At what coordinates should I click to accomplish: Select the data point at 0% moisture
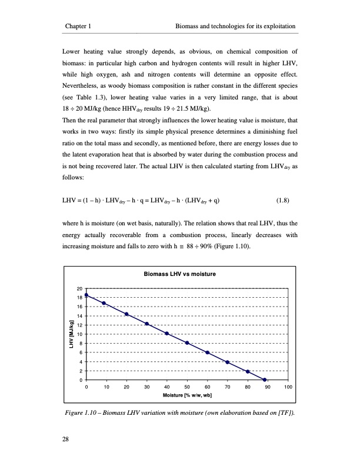[x=86, y=295]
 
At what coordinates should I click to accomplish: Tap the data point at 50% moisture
[x=187, y=343]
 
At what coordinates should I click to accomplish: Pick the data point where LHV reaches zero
[x=265, y=380]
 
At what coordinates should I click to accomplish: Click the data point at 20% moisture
[x=126, y=314]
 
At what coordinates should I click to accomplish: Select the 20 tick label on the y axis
[x=79, y=288]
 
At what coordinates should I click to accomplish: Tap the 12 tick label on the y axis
[x=79, y=325]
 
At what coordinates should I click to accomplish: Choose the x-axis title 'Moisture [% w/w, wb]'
[x=187, y=395]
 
